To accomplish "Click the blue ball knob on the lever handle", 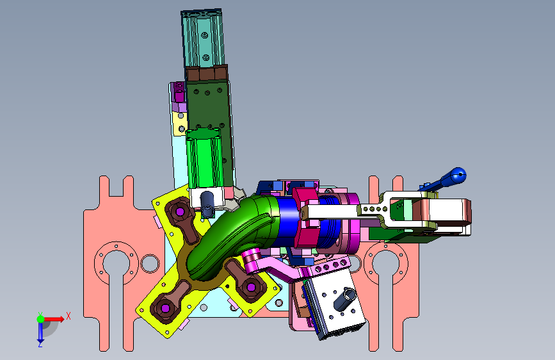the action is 458,176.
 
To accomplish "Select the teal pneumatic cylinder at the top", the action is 203,38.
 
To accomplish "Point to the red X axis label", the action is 68,316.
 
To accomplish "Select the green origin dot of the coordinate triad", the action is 41,319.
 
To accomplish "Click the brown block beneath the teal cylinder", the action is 207,74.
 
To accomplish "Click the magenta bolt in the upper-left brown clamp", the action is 180,212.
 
